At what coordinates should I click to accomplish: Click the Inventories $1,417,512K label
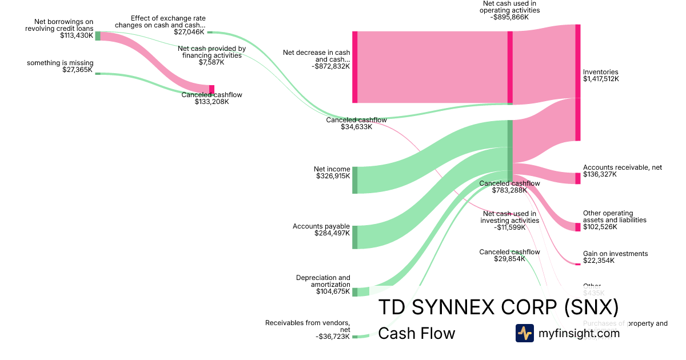[600, 75]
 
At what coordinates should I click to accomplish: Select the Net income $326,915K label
[332, 173]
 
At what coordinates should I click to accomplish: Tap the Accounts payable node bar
[354, 237]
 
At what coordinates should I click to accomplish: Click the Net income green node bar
[354, 180]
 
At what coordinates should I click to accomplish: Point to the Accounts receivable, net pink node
[577, 178]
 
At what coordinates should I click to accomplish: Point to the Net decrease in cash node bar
[354, 67]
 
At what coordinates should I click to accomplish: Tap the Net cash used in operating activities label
[509, 10]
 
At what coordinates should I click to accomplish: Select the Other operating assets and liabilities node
[577, 227]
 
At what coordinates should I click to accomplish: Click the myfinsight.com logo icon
[524, 333]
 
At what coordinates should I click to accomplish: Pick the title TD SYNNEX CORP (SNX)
[498, 307]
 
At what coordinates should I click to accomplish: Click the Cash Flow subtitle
[417, 333]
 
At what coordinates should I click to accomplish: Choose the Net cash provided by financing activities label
[212, 52]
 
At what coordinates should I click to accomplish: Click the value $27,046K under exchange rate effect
[189, 32]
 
